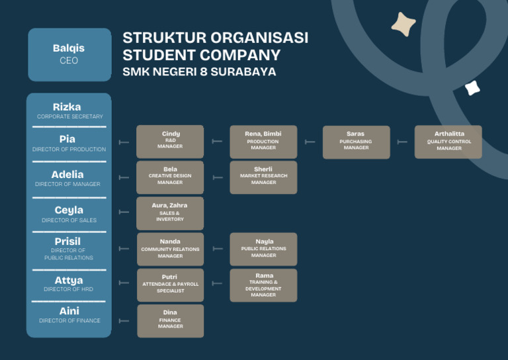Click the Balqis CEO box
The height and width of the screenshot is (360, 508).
click(x=69, y=54)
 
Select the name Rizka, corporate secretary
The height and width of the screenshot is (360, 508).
click(x=67, y=107)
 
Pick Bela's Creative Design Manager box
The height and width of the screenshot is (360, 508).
click(x=170, y=177)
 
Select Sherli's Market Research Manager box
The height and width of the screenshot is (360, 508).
click(x=263, y=177)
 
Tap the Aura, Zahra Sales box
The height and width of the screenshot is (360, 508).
click(x=170, y=212)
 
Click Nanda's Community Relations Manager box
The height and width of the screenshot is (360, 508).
click(x=170, y=249)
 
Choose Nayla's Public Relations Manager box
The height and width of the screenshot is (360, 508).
click(x=263, y=249)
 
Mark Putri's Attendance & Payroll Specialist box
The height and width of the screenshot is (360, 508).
click(x=170, y=285)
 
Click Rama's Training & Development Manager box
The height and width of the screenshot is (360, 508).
click(x=263, y=285)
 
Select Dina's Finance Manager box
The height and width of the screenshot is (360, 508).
click(x=170, y=320)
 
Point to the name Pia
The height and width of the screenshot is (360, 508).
click(x=67, y=139)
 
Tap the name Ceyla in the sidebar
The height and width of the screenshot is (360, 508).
click(x=69, y=210)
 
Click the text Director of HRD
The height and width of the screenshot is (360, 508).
click(x=69, y=289)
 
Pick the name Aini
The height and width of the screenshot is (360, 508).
click(x=69, y=311)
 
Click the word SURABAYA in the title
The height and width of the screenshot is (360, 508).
click(x=243, y=71)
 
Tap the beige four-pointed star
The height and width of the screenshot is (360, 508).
click(x=403, y=24)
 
